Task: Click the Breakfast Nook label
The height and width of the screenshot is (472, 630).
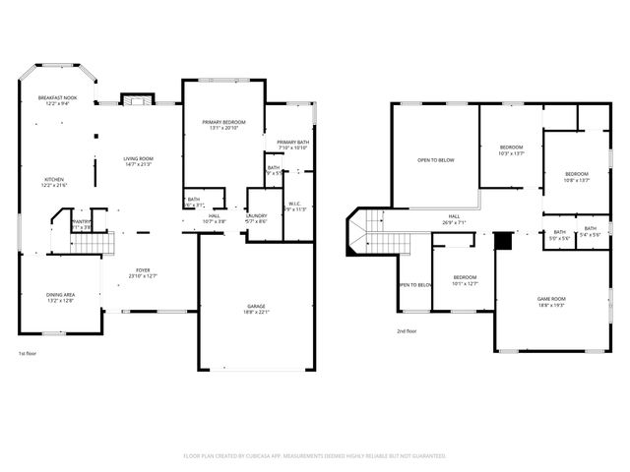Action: [x=58, y=97]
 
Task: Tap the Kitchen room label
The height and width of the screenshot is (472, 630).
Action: [x=52, y=180]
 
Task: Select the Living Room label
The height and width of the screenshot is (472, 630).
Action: [x=138, y=158]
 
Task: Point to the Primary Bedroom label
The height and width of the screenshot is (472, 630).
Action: [x=223, y=122]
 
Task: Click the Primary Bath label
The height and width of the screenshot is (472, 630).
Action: [x=293, y=143]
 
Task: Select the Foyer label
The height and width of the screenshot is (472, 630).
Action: [x=144, y=270]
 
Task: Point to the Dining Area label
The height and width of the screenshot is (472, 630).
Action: [x=61, y=295]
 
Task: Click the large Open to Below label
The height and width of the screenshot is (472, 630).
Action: [x=435, y=159]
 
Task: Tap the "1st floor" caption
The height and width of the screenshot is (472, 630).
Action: [x=29, y=353]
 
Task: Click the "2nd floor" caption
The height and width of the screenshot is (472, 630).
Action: [x=408, y=331]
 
